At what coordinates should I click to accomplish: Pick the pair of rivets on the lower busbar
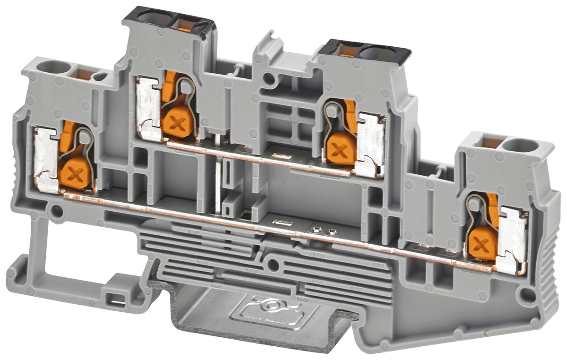[324, 231]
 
